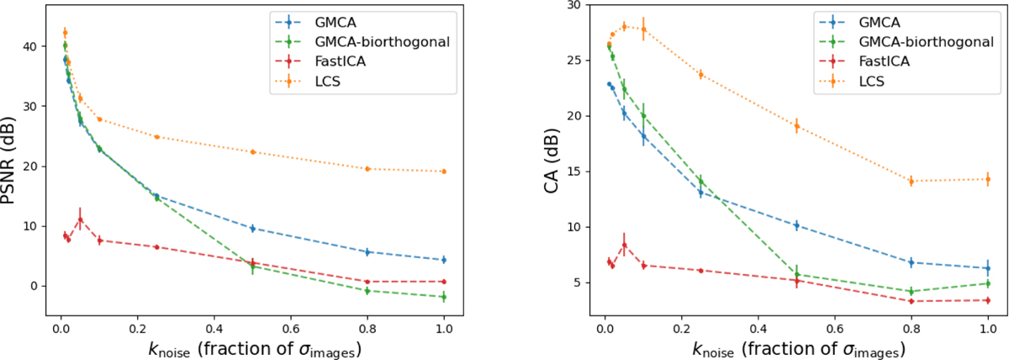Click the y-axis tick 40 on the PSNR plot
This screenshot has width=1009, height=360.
30,47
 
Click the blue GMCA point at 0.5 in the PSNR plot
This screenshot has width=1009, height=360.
252,228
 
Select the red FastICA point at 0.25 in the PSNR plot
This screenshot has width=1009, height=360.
156,246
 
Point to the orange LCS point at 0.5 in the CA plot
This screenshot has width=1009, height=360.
796,126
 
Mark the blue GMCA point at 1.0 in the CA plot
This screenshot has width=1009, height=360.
988,268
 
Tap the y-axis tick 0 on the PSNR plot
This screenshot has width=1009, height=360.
34,286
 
